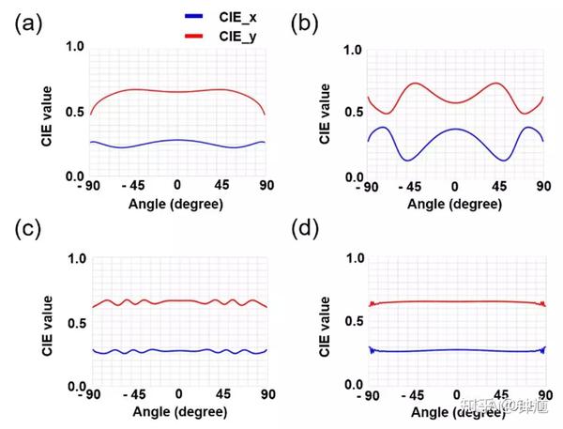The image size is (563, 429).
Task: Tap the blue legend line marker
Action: [196, 18]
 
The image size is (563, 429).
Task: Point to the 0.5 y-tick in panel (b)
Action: [352, 113]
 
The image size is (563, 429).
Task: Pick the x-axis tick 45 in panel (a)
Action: [221, 185]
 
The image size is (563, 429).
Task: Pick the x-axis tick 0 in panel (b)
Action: [454, 186]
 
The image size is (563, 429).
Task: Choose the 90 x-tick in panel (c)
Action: [267, 396]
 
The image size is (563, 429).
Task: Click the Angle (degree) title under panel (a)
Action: [177, 203]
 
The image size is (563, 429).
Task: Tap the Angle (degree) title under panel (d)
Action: [456, 414]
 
